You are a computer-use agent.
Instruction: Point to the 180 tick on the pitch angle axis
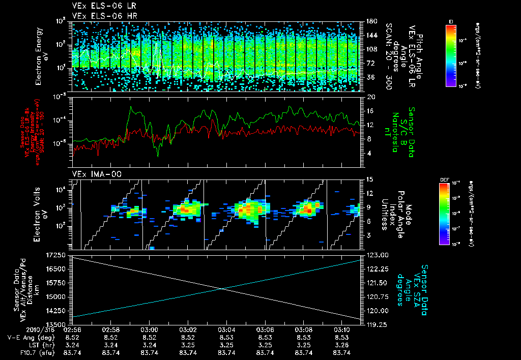(370, 21)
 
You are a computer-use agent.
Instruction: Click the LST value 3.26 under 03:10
(342, 344)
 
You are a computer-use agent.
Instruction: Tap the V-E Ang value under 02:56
(72, 337)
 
